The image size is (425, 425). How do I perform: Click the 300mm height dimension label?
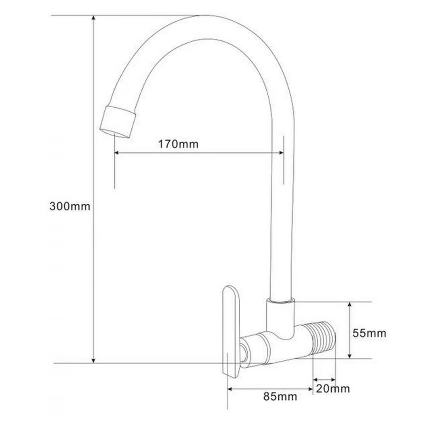click(70, 207)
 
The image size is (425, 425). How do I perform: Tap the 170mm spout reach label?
click(178, 144)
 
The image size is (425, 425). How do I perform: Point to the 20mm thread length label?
click(333, 389)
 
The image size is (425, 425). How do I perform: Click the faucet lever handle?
click(231, 334)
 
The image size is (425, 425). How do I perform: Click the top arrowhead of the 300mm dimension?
click(94, 18)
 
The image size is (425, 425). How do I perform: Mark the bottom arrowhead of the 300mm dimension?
click(93, 361)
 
